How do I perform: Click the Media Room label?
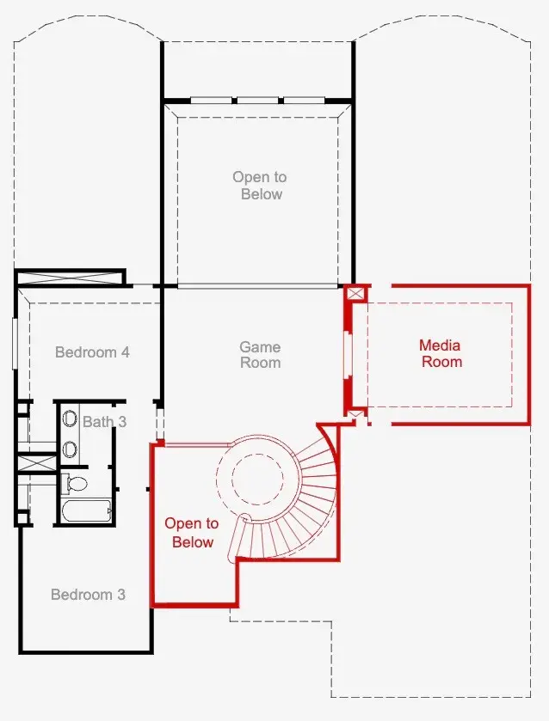[441, 353]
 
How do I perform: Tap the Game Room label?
[260, 355]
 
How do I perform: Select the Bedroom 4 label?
[92, 352]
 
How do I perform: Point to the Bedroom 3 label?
[88, 595]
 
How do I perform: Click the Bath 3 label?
[104, 422]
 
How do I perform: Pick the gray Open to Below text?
[260, 186]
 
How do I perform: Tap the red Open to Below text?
[192, 533]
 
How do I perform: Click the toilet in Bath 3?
[74, 483]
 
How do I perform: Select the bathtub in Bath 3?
[86, 511]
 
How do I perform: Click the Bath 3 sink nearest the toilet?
[70, 449]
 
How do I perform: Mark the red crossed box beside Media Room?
[355, 293]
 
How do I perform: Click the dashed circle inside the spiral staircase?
[257, 478]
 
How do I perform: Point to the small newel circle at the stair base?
[244, 517]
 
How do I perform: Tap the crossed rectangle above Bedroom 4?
[70, 278]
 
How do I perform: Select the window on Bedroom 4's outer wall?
[15, 343]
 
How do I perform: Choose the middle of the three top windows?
[257, 100]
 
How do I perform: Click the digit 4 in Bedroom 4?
[126, 352]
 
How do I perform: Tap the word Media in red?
[440, 345]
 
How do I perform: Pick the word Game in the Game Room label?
[260, 346]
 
